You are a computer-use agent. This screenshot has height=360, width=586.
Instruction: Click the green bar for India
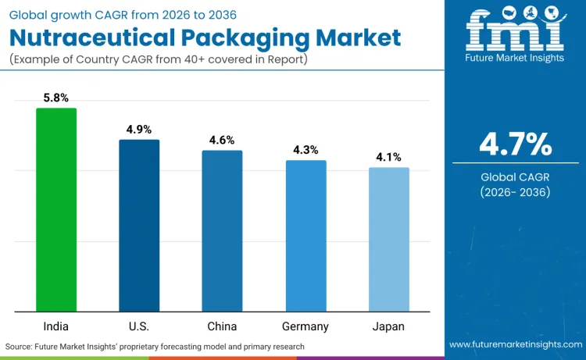click(56, 210)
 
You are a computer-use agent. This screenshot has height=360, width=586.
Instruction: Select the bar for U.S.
click(139, 226)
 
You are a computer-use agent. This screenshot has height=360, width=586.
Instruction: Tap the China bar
click(222, 231)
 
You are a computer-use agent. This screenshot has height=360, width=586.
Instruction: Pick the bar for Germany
click(306, 236)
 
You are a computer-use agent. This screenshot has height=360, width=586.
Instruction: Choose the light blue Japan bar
click(388, 240)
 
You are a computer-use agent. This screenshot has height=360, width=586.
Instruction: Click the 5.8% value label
click(56, 98)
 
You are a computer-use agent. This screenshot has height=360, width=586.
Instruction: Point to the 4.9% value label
click(139, 130)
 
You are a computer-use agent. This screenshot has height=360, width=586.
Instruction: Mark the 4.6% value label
click(222, 141)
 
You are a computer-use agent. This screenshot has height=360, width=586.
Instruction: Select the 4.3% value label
click(306, 150)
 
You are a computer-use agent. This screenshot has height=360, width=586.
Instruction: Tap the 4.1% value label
click(388, 157)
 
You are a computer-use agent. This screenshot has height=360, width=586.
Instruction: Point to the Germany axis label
click(306, 326)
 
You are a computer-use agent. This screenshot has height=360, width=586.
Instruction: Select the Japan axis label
click(388, 326)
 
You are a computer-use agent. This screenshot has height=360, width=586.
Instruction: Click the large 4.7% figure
click(515, 144)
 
